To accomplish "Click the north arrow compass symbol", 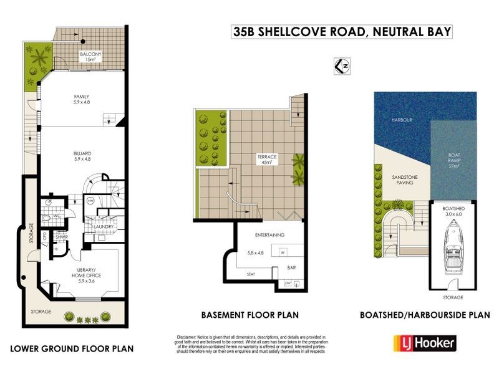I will click(x=341, y=65).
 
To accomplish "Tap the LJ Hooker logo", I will click(x=424, y=343).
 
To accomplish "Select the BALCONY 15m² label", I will click(x=91, y=57).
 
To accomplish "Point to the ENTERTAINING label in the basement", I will click(x=269, y=235).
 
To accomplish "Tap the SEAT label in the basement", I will click(x=251, y=274).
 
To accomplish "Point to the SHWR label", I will click(x=62, y=237).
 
